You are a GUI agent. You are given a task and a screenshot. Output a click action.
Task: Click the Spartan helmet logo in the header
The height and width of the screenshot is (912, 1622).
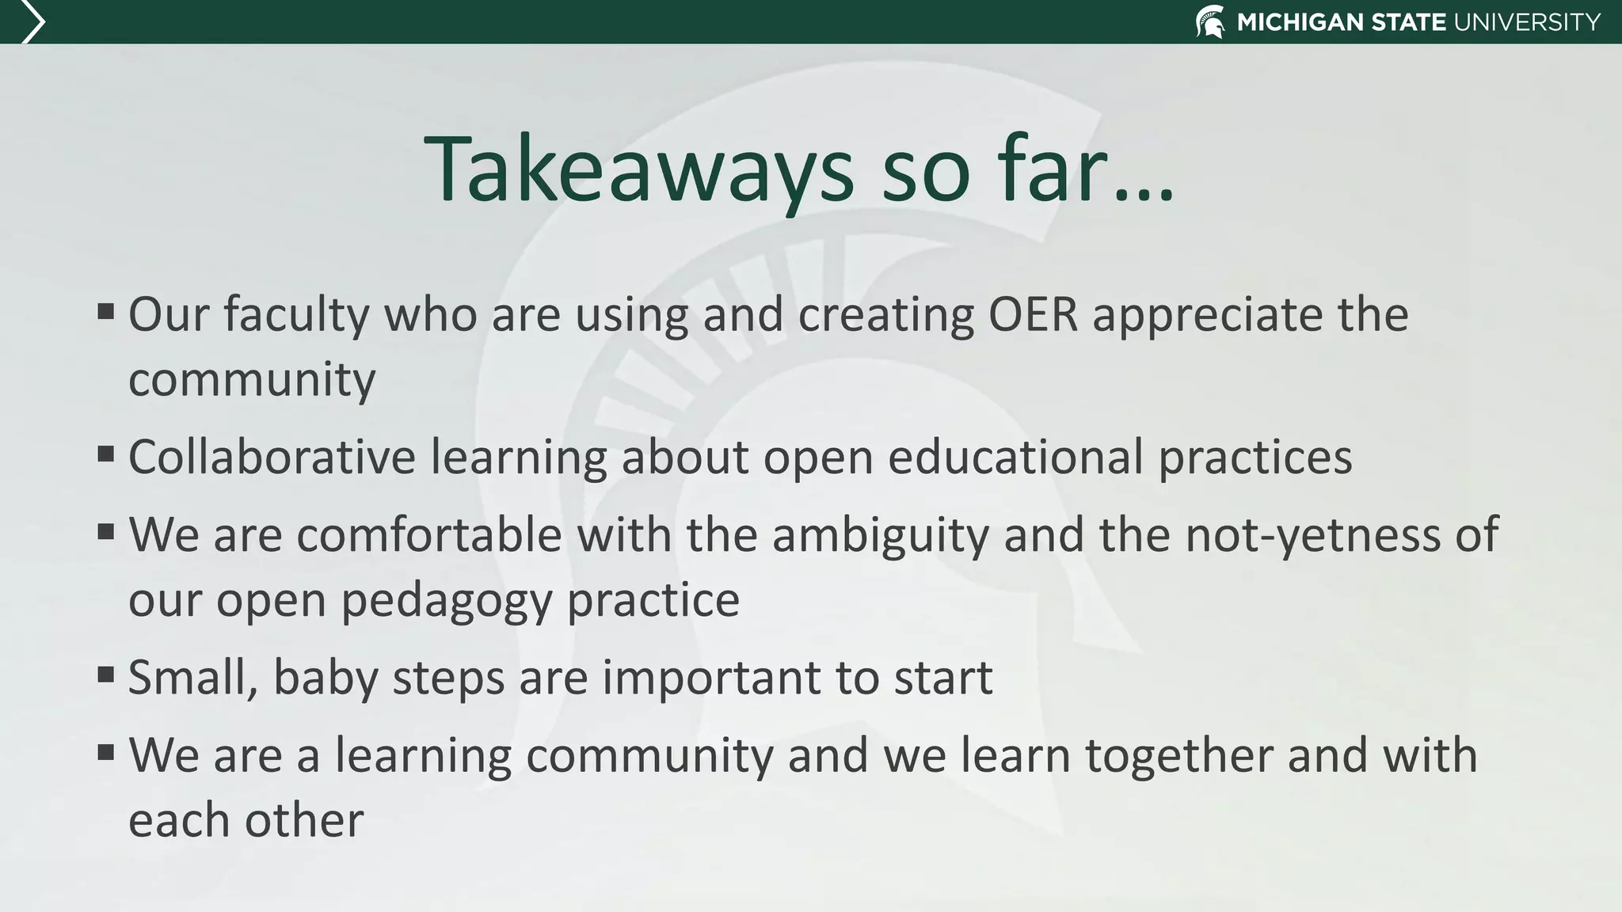click(x=1210, y=21)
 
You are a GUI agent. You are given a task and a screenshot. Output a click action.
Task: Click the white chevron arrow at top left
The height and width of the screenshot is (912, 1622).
click(x=32, y=21)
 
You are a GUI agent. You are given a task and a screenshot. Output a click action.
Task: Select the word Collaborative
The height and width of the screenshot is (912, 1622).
click(x=272, y=457)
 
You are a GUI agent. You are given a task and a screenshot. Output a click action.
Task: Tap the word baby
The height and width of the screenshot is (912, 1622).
click(x=326, y=679)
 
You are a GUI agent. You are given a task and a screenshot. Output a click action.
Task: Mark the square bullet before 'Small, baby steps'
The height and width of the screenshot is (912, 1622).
click(x=106, y=674)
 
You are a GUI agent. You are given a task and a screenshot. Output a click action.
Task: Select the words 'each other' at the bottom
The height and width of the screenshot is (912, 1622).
click(x=246, y=820)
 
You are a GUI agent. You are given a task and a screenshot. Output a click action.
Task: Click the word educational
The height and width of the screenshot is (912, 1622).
click(x=1015, y=457)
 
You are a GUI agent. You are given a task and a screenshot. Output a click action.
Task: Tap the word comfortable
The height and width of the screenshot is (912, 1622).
click(x=428, y=534)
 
